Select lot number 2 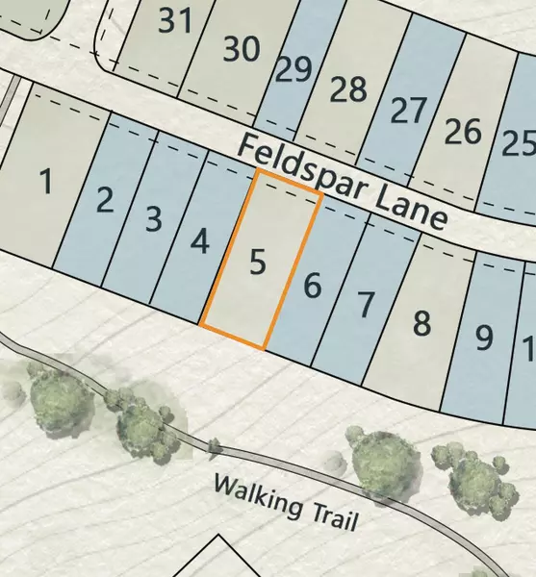coord(106,201)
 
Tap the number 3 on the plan coord(153,218)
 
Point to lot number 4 coord(199,239)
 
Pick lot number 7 coord(365,305)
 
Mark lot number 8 coord(421,323)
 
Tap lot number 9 coord(483,338)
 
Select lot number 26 coord(463,132)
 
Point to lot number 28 coord(348,89)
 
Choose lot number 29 coord(294,69)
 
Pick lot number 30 coord(241,48)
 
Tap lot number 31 coord(174,20)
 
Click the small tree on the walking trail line coord(214,445)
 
